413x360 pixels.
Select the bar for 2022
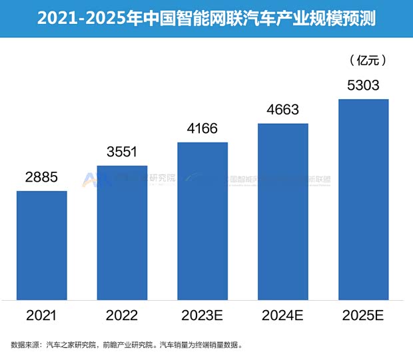[x=122, y=232]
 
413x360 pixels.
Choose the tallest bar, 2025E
[x=363, y=199]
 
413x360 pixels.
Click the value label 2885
[x=42, y=177]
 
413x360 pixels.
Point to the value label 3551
[x=122, y=151]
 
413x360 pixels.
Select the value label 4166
[x=203, y=128]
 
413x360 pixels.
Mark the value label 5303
[x=363, y=85]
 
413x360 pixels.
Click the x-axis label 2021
[x=42, y=314]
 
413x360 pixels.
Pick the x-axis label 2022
[x=122, y=314]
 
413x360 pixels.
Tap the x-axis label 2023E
[x=203, y=314]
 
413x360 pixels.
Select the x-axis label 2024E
[x=283, y=314]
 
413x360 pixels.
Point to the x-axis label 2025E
[x=363, y=314]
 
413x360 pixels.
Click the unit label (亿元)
[x=368, y=61]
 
